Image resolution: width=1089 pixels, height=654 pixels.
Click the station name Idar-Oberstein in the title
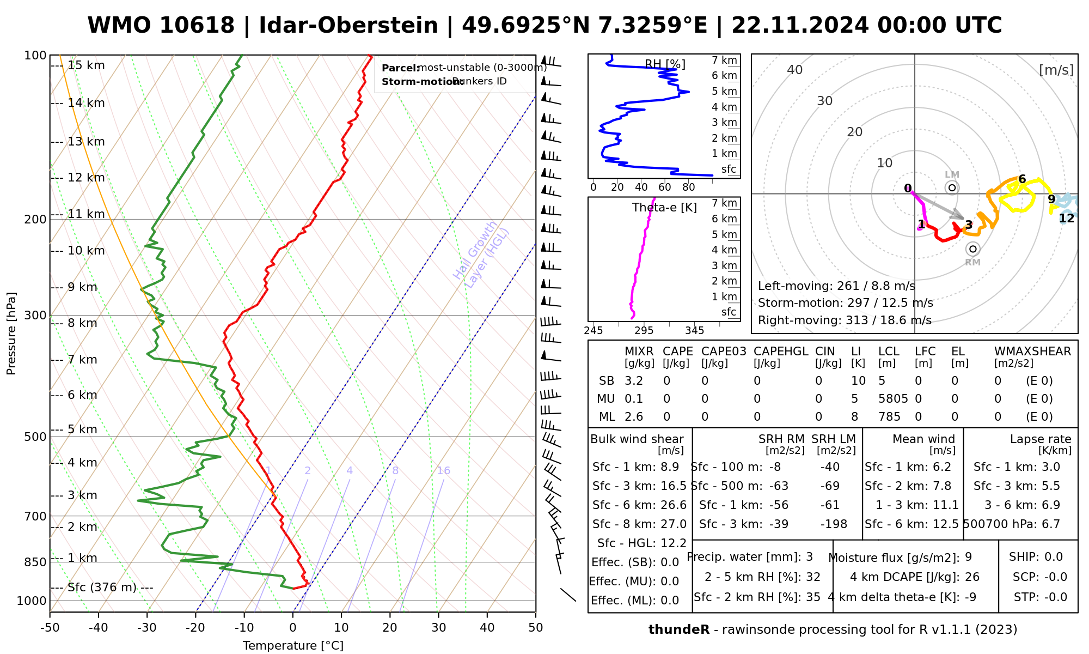point(348,26)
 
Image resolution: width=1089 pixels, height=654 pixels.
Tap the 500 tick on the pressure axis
point(36,437)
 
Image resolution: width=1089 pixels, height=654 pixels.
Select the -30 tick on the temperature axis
point(147,628)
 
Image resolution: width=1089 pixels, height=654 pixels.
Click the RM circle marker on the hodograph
point(972,249)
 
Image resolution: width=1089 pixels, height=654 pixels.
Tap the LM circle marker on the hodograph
point(952,187)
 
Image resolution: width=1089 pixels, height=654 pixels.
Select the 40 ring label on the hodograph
point(795,70)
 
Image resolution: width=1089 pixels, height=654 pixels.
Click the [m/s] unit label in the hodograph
point(1056,70)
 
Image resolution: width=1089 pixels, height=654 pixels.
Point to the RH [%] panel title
point(665,65)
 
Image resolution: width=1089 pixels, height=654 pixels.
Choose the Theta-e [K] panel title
point(664,208)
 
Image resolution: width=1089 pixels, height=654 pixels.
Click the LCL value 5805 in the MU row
point(893,399)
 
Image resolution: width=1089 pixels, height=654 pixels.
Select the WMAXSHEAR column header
point(1032,352)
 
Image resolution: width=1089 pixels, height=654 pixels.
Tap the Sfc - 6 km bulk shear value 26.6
point(674,505)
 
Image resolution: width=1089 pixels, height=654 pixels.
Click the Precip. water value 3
point(809,557)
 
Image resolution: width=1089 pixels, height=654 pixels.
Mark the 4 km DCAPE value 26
point(972,577)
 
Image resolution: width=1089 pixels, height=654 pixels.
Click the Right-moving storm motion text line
point(845,320)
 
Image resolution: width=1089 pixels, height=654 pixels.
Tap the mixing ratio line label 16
point(444,471)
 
